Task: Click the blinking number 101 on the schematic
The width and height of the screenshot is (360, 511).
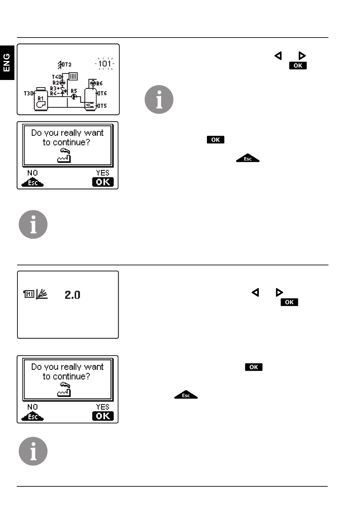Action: tap(105, 64)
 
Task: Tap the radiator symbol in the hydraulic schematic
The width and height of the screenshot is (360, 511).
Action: tap(74, 77)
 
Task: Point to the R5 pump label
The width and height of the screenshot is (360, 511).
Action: tap(74, 91)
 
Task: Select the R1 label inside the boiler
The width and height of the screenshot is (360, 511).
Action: tap(41, 98)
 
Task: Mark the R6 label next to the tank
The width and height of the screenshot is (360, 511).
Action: tap(100, 83)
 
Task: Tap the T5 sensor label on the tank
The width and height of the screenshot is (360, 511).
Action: tap(103, 106)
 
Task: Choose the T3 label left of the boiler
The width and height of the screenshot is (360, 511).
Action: tap(28, 93)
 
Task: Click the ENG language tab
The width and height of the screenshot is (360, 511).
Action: tap(6, 63)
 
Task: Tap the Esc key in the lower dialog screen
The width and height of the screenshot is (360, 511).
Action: tap(33, 417)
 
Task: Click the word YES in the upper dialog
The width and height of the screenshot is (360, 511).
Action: tap(102, 173)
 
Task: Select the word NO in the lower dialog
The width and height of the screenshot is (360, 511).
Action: tap(33, 407)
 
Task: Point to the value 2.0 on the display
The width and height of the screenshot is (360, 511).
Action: tap(72, 295)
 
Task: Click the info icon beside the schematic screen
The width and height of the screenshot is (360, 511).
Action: tap(159, 99)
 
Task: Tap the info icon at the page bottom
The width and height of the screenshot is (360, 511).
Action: tap(33, 451)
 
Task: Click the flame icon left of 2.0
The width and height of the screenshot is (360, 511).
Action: tap(42, 294)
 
